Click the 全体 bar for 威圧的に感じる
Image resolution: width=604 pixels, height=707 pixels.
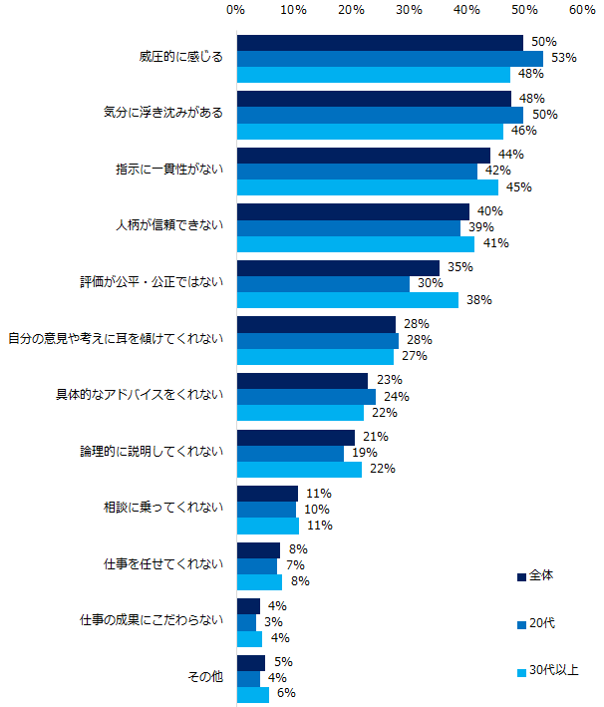point(380,43)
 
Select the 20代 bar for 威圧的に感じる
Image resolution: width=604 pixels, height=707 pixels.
point(390,58)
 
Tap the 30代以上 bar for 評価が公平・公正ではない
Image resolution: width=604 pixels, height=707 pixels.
point(347,299)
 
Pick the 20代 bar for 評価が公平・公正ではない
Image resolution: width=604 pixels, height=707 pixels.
point(323,283)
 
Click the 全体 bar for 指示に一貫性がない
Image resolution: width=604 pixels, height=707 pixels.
point(364,155)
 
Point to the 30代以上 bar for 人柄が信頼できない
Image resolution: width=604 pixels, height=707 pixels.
point(356,243)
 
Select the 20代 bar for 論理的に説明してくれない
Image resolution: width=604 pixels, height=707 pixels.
point(290,453)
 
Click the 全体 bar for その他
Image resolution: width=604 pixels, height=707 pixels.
point(251,662)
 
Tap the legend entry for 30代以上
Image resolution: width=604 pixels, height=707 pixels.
point(547,670)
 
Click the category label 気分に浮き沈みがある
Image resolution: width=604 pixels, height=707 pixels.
point(163,114)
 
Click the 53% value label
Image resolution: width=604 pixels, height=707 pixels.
point(564,58)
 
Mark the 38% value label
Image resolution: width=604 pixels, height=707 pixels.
point(479,299)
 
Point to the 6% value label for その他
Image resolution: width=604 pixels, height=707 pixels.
point(286,694)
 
